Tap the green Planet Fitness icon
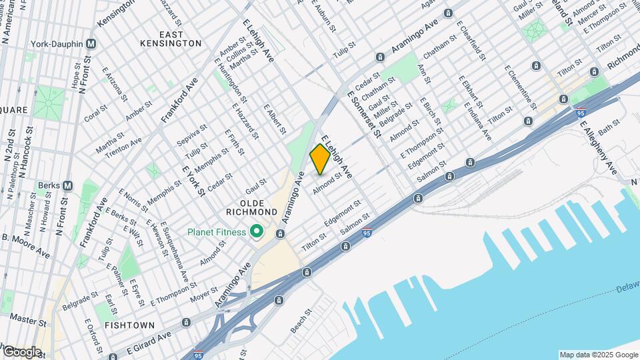pos(255,232)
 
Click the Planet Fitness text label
pos(217,232)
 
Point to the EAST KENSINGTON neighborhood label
pos(171,38)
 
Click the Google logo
pos(21,351)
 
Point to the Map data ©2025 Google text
pos(598,355)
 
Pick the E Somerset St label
pos(363,114)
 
